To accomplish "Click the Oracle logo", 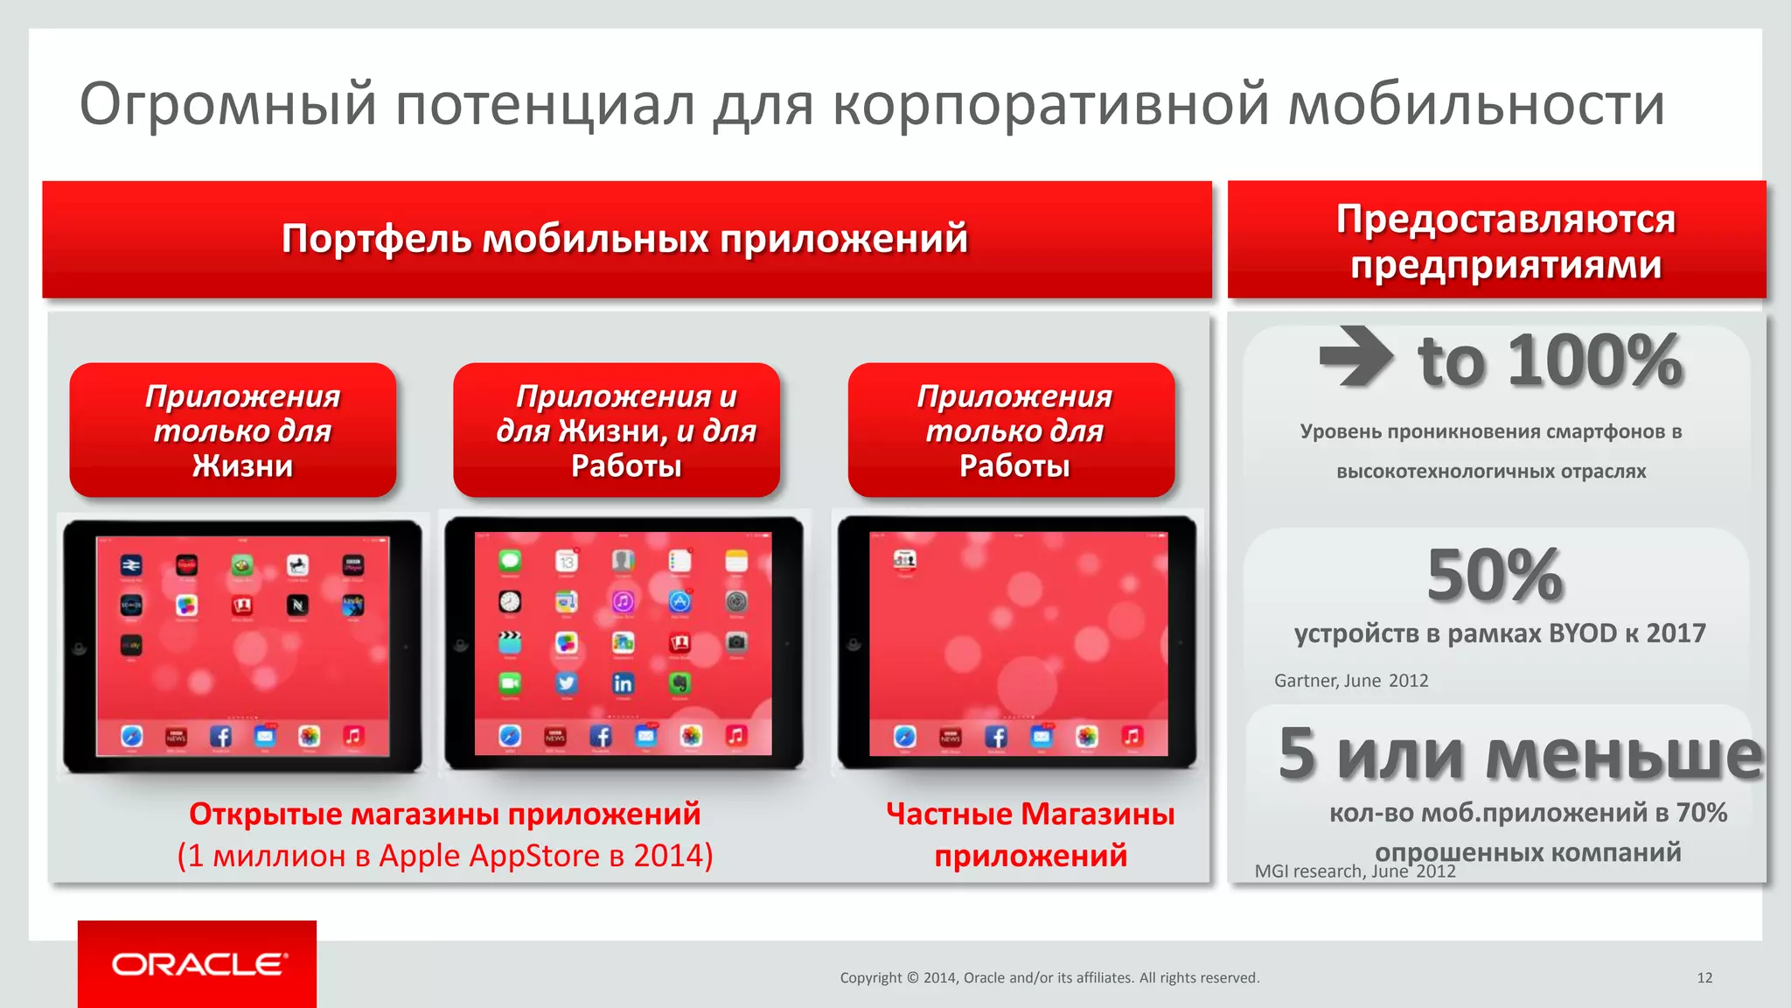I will pos(198,964).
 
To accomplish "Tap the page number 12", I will pos(1704,977).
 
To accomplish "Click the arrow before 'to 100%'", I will pos(1355,356).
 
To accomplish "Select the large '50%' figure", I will pos(1495,575).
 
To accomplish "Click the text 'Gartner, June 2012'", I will pos(1350,681).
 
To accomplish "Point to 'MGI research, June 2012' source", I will pos(1354,871).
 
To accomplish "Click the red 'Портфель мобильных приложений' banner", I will pos(625,239).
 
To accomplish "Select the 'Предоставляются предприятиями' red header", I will pos(1504,241).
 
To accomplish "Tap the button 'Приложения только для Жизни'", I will pos(242,430).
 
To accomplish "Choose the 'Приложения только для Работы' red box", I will pos(1014,430).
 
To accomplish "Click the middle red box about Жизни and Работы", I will pos(625,430).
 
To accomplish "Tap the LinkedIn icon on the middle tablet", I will pos(623,683).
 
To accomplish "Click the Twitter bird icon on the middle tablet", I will pos(567,683).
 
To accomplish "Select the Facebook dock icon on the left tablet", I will pos(220,737).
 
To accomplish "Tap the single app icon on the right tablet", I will pos(904,559).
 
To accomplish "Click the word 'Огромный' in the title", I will pos(227,105).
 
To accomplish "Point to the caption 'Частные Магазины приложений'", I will pos(1029,834).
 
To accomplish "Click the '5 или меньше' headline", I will pos(1520,754).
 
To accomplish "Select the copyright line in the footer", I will pos(1049,977).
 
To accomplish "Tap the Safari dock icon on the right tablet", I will pos(905,737).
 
